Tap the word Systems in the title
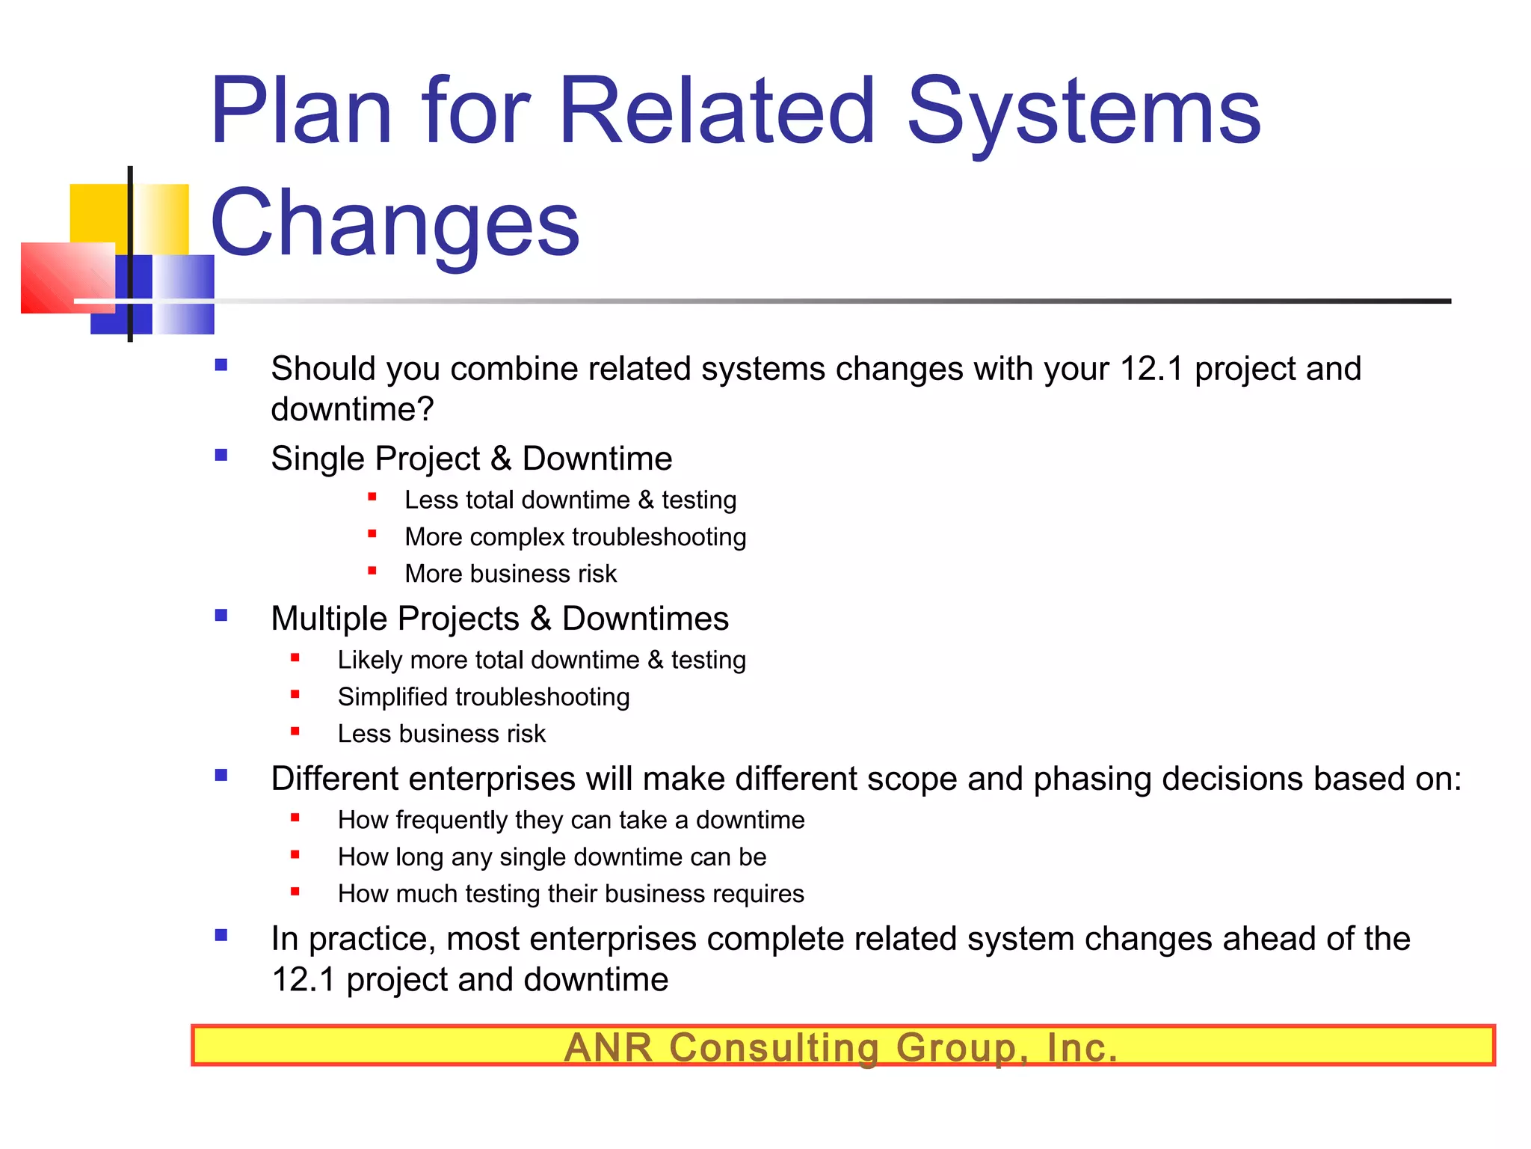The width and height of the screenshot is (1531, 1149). pos(1083,112)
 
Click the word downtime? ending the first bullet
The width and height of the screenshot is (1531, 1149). pos(352,409)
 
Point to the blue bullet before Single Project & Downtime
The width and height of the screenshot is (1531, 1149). pos(221,455)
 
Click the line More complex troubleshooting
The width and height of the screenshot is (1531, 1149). pos(575,537)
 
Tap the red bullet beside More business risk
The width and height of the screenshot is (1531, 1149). pos(372,571)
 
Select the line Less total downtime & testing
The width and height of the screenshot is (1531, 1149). pos(570,500)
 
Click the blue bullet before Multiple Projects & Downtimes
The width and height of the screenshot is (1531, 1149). pos(221,615)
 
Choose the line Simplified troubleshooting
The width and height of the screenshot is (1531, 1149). pos(483,697)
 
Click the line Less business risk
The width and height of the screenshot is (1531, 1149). pos(441,734)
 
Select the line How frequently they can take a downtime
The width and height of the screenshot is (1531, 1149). pos(570,820)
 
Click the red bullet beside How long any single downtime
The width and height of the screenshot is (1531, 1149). pos(295,854)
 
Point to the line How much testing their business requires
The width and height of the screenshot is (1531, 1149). pos(570,894)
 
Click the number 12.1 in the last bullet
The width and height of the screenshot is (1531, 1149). pos(303,980)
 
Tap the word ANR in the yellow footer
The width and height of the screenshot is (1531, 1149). pos(609,1047)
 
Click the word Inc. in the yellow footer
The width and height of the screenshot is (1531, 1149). pos(1081,1047)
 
